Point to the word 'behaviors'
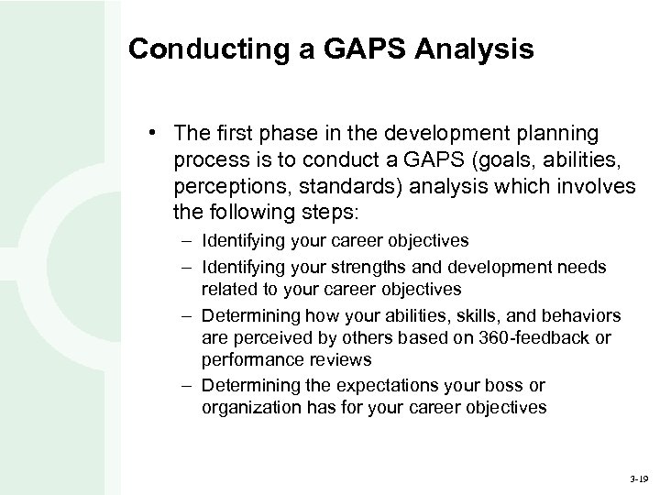click(584, 315)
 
